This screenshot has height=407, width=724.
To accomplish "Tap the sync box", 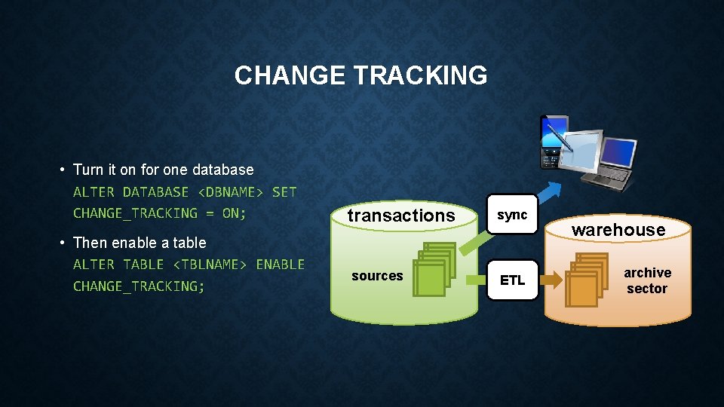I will tap(512, 215).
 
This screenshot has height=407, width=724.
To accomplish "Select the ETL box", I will tap(512, 280).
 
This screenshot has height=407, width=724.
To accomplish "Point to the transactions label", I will tap(401, 216).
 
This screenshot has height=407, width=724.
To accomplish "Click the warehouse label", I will tap(618, 230).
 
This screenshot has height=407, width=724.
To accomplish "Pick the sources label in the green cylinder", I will tap(377, 276).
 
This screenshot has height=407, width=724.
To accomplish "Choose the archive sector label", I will tap(647, 280).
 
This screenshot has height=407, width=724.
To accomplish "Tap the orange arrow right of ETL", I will tap(552, 280).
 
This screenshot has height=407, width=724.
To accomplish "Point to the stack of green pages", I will tap(434, 268).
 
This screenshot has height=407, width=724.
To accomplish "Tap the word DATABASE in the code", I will tap(155, 192).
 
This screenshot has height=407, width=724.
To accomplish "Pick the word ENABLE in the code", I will tap(280, 265).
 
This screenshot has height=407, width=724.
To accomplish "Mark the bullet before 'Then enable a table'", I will tap(63, 243).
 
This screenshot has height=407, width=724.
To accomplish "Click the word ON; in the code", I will tap(234, 213).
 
